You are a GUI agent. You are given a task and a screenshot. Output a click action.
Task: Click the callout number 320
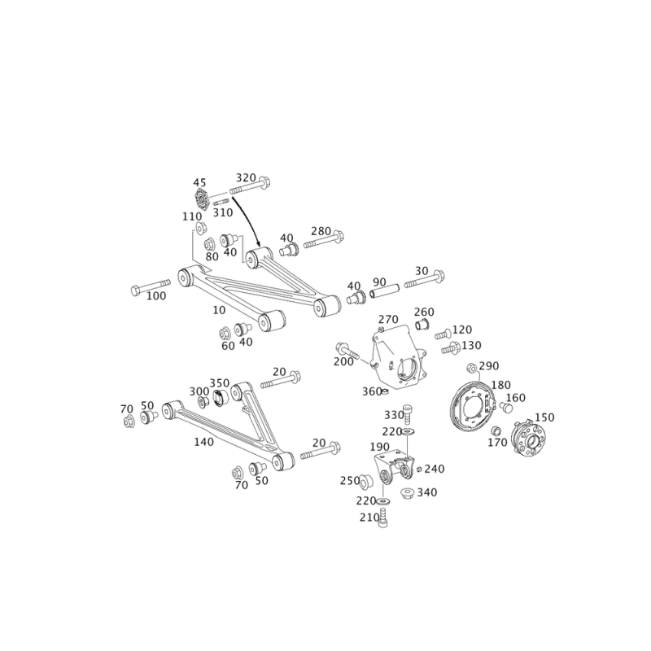tap(245, 177)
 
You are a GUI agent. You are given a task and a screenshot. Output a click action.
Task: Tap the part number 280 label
tap(322, 231)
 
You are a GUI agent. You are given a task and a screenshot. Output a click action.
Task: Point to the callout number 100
tap(155, 297)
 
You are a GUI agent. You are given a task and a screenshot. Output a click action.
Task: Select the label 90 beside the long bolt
tap(379, 282)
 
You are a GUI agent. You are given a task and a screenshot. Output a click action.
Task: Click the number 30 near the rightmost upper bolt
tap(422, 271)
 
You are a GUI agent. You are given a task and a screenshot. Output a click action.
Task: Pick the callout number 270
tap(389, 318)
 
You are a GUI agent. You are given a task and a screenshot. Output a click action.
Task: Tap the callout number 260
tap(424, 312)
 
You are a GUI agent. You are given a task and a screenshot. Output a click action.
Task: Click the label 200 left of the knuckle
tap(343, 360)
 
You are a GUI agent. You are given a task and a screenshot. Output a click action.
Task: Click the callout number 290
tap(488, 365)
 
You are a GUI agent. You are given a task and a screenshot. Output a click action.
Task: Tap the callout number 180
tap(501, 384)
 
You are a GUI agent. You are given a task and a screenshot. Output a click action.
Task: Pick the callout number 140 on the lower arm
tap(203, 442)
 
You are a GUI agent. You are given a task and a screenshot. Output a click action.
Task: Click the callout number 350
tap(220, 381)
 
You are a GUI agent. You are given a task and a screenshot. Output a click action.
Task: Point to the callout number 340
tap(426, 492)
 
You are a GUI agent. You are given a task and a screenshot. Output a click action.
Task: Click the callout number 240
tap(435, 468)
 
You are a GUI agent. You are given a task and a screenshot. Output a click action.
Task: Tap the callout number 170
tap(496, 443)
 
